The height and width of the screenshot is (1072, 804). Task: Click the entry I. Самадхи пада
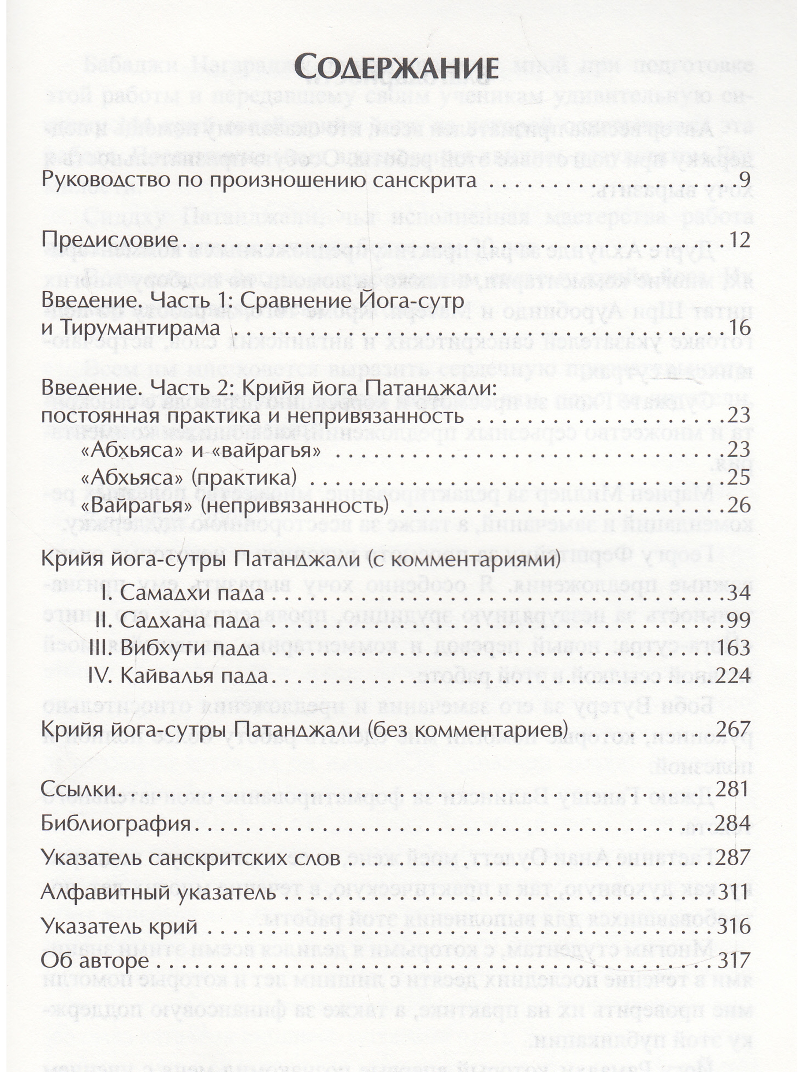(184, 593)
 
